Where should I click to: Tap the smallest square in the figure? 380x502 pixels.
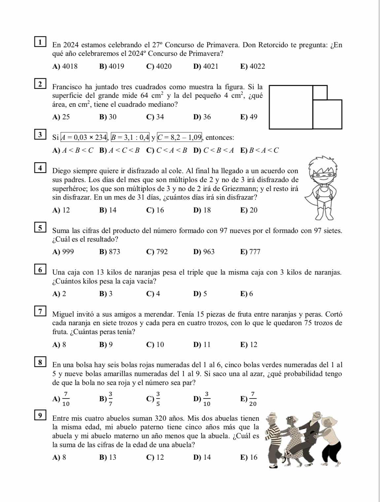pyautogui.click(x=320, y=93)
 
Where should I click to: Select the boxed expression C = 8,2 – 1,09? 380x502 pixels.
pyautogui.click(x=180, y=136)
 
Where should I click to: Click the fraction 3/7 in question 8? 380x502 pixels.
pyautogui.click(x=110, y=398)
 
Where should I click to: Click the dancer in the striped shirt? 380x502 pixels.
pyautogui.click(x=274, y=436)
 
